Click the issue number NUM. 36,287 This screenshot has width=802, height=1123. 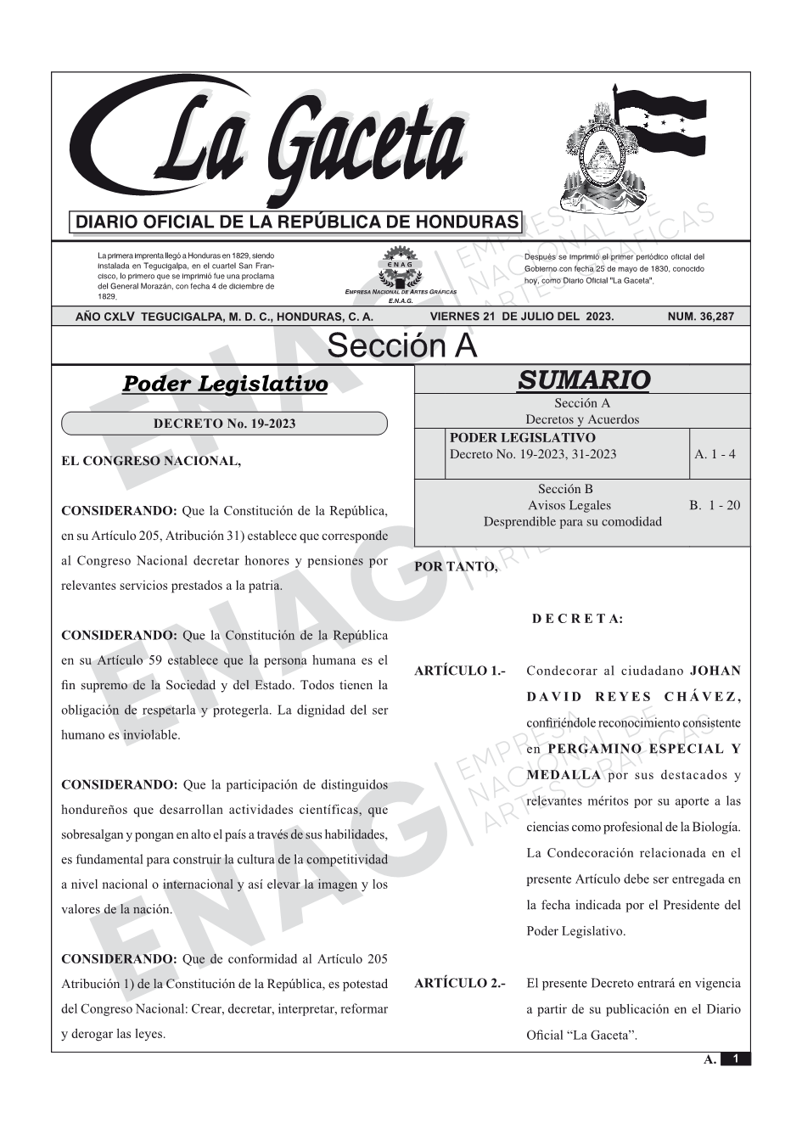[x=700, y=317]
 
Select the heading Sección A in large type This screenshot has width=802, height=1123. [x=401, y=346]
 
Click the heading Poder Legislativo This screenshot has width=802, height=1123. [x=225, y=384]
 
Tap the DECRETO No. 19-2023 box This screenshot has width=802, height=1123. [x=224, y=424]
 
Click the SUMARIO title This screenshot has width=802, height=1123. [x=583, y=379]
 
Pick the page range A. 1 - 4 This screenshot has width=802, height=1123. [x=715, y=454]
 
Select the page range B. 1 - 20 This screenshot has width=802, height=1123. [x=715, y=505]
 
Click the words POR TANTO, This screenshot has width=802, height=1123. [x=456, y=567]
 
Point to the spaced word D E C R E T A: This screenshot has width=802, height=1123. [x=577, y=619]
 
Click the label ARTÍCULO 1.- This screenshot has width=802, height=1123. [x=460, y=671]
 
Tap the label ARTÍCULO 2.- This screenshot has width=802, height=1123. [x=460, y=984]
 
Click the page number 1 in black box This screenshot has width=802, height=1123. [x=735, y=1058]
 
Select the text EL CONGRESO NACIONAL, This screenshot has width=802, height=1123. [x=152, y=461]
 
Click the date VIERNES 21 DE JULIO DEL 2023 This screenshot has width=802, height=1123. [x=522, y=317]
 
